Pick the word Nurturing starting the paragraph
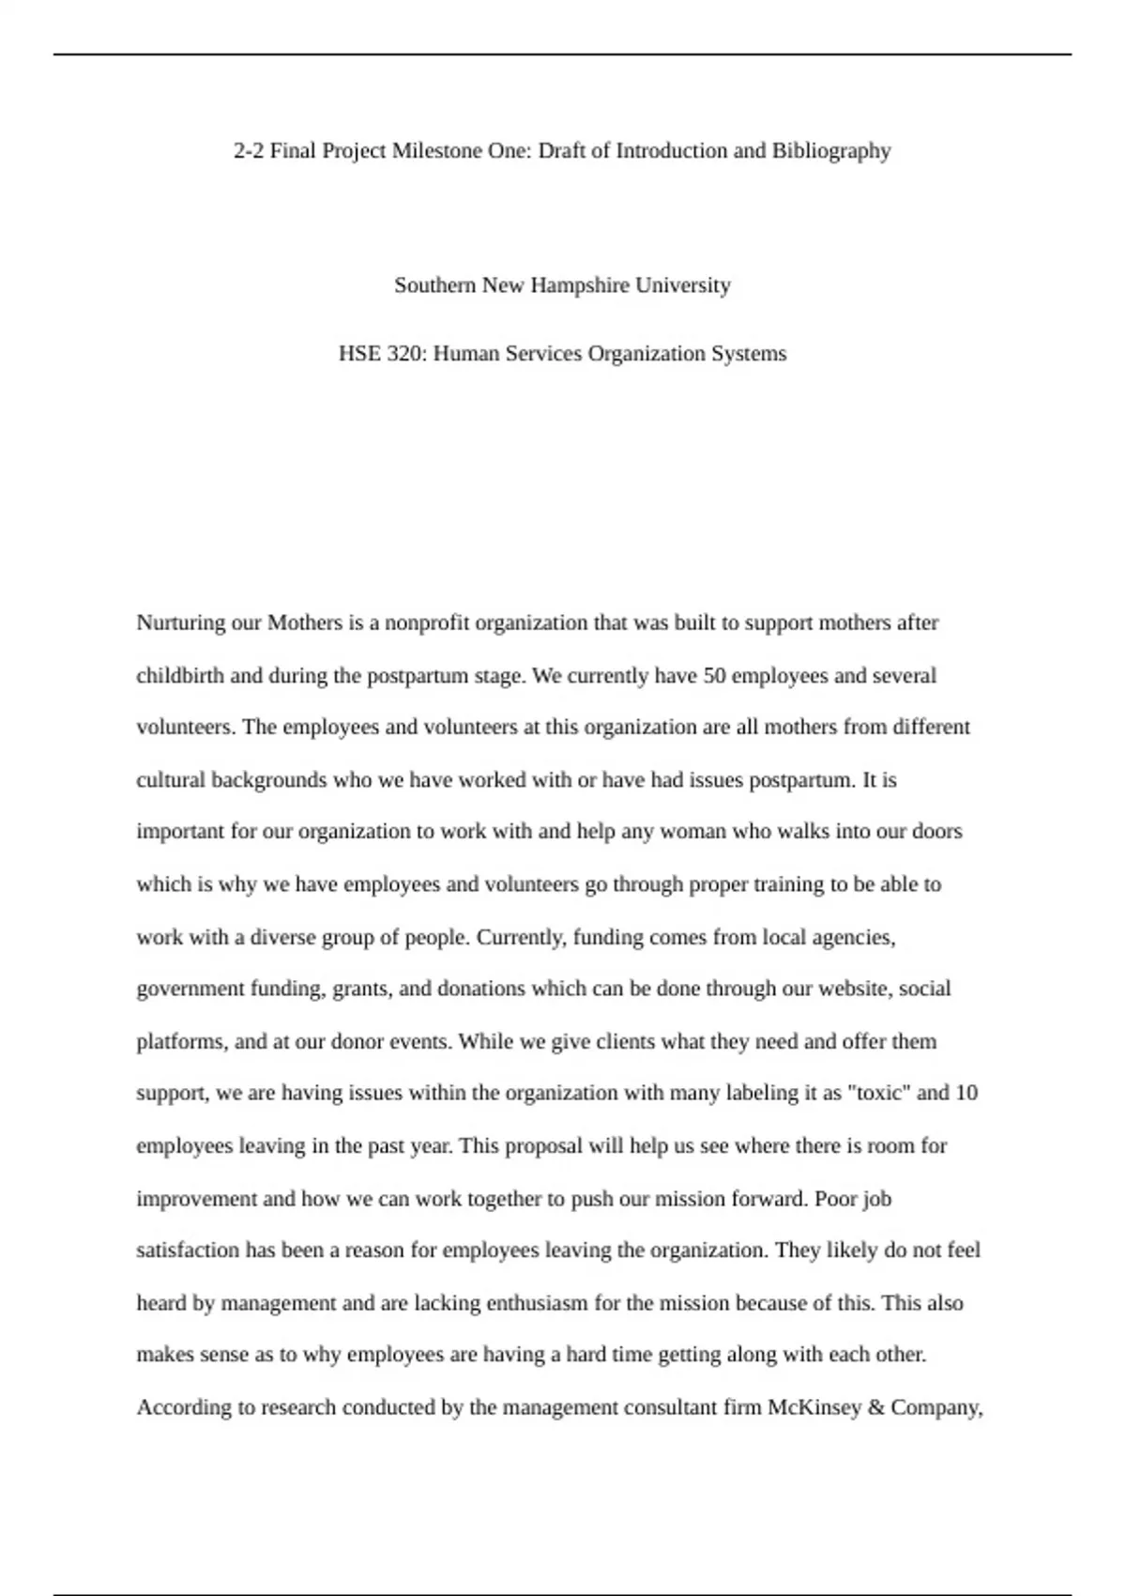180,623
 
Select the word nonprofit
427,623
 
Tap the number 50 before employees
714,676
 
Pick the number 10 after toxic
966,1094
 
